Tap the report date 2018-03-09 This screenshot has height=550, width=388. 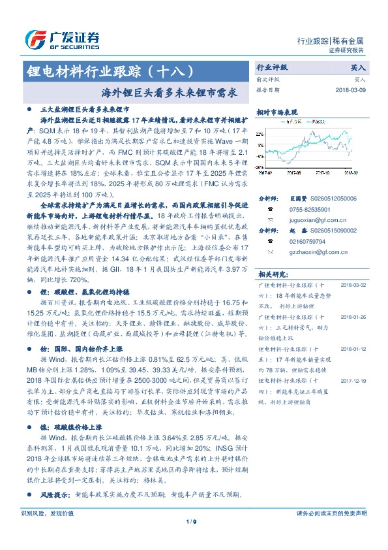350,89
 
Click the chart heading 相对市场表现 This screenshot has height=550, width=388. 276,112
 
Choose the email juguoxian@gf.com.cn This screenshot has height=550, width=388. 311,222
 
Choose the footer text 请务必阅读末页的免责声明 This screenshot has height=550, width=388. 331,513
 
